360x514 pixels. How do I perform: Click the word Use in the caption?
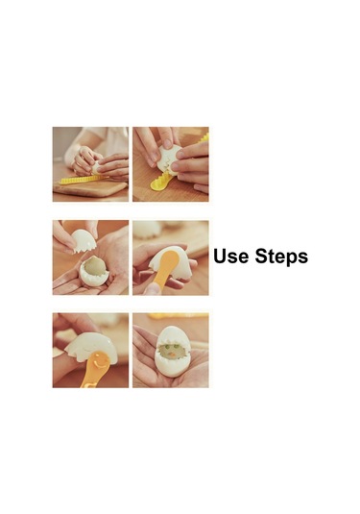pyautogui.click(x=230, y=257)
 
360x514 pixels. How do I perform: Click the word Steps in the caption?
pyautogui.click(x=281, y=257)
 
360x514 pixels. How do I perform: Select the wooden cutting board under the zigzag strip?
pyautogui.click(x=90, y=188)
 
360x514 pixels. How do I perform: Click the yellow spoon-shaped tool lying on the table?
pyautogui.click(x=161, y=182)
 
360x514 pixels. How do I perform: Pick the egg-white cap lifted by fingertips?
pyautogui.click(x=84, y=240)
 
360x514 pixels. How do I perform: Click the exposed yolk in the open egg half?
pyautogui.click(x=93, y=266)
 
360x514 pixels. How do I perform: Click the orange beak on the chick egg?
pyautogui.click(x=171, y=355)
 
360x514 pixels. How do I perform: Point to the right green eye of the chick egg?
pyautogui.click(x=177, y=346)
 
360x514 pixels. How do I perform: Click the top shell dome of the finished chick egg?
pyautogui.click(x=171, y=334)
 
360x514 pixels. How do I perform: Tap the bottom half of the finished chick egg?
pyautogui.click(x=171, y=364)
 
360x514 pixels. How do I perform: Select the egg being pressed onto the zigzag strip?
pyautogui.click(x=96, y=168)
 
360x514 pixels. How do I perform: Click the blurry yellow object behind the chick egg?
pyautogui.click(x=178, y=316)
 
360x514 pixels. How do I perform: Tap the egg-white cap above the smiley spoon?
pyautogui.click(x=91, y=346)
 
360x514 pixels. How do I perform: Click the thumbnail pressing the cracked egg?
pyautogui.click(x=167, y=143)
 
